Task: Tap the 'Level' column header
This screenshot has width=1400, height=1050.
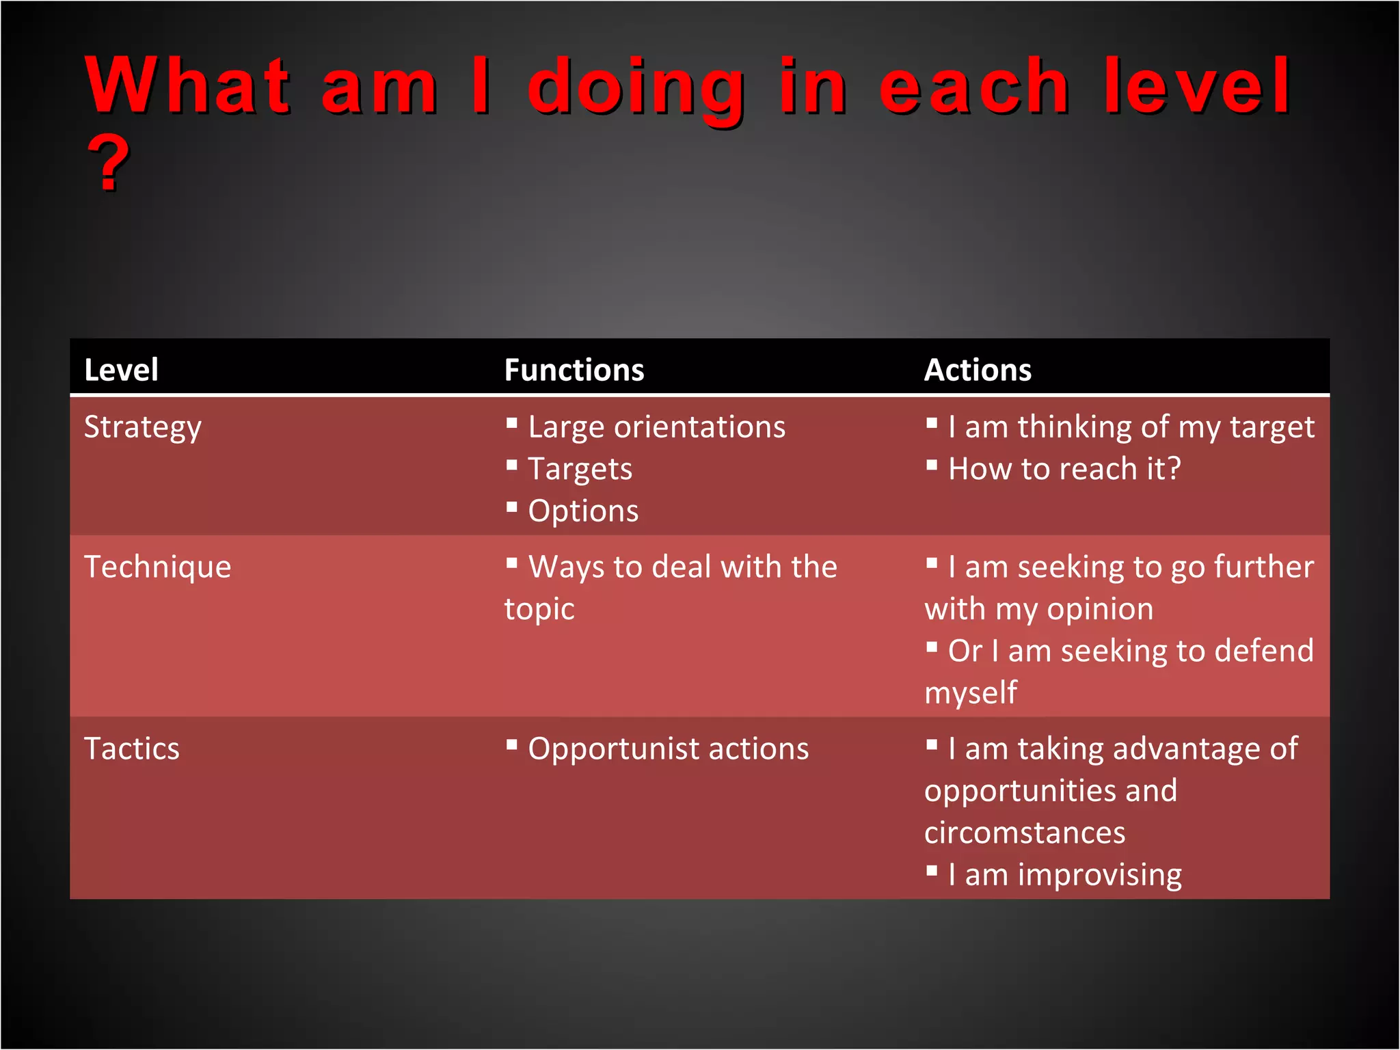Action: click(x=121, y=370)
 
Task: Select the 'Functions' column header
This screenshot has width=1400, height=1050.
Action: click(x=574, y=370)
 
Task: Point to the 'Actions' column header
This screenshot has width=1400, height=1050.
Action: click(x=978, y=370)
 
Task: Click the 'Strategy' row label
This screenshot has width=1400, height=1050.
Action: click(x=142, y=428)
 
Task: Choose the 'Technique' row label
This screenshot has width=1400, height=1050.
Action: click(x=157, y=567)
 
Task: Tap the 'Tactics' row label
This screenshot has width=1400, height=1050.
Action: click(x=131, y=749)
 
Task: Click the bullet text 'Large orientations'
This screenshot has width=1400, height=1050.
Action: click(x=656, y=427)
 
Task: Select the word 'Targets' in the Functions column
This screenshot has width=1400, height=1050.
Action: click(x=580, y=470)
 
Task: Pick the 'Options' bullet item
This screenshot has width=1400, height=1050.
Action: click(x=583, y=511)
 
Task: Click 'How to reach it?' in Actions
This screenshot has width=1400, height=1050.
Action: click(x=1064, y=469)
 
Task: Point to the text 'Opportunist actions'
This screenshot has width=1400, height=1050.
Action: click(x=668, y=749)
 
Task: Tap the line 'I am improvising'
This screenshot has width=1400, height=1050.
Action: click(x=1064, y=875)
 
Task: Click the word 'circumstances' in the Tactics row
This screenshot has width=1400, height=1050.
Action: click(x=1024, y=833)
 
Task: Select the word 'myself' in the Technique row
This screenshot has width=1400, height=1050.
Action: click(x=971, y=693)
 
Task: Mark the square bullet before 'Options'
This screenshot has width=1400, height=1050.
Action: click(x=512, y=507)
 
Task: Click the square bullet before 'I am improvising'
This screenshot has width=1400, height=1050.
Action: click(x=932, y=871)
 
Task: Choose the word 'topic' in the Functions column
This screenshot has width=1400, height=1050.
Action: click(x=539, y=609)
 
